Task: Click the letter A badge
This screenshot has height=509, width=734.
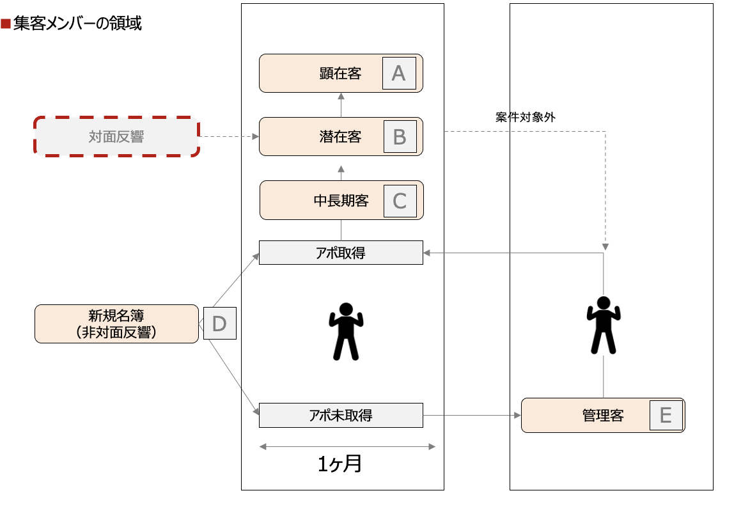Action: click(x=399, y=74)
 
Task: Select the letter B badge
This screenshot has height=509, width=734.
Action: click(x=400, y=137)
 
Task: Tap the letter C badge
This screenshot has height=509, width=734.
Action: click(x=400, y=201)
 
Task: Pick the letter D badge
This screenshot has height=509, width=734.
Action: click(x=219, y=324)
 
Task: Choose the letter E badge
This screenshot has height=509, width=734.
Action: click(x=666, y=416)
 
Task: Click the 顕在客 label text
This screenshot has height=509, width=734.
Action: click(x=341, y=74)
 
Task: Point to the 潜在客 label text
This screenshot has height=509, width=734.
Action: click(x=341, y=137)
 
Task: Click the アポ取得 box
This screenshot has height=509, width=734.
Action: click(x=341, y=253)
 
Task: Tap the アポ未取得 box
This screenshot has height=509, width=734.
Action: click(x=341, y=416)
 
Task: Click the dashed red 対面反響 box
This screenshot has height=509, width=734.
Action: click(x=116, y=137)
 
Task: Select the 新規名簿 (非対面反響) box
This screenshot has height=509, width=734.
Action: click(x=116, y=324)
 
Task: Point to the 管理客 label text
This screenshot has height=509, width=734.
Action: click(x=603, y=416)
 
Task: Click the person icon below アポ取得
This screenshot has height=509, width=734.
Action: click(x=345, y=330)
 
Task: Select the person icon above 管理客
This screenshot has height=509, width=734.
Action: click(x=603, y=325)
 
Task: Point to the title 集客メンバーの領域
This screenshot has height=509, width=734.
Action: click(x=77, y=24)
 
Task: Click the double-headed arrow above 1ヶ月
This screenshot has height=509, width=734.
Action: click(x=347, y=446)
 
